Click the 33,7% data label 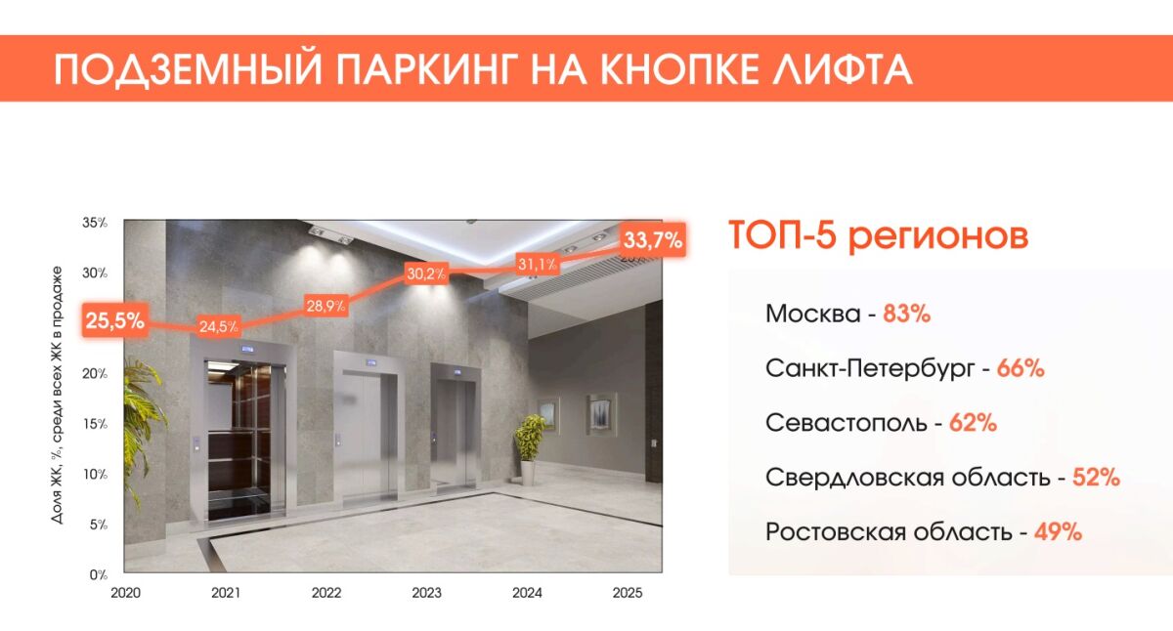point(652,240)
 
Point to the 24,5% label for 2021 point(218,326)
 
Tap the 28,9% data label point(326,306)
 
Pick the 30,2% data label point(425,273)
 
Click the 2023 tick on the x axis point(426,593)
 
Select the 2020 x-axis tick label point(126,593)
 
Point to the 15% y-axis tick point(95,424)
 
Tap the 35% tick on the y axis point(95,223)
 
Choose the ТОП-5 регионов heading point(878,237)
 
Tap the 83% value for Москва point(906,315)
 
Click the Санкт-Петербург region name point(870,369)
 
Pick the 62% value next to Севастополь point(973,424)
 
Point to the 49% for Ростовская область point(1058,532)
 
